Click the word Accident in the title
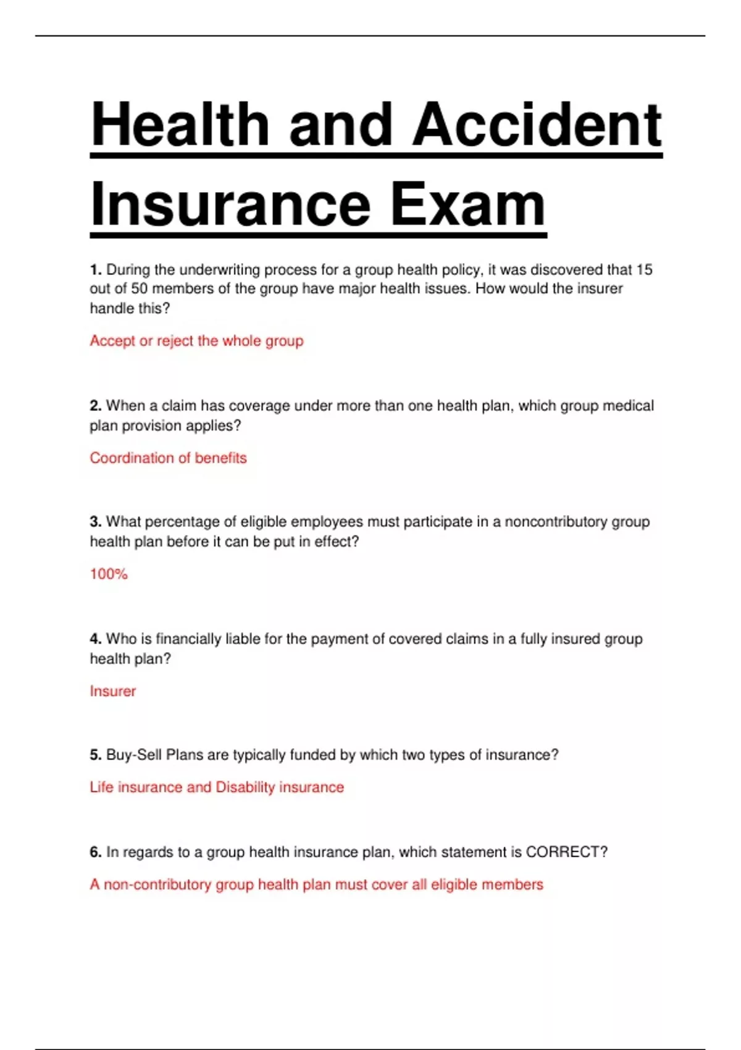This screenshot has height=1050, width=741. (537, 125)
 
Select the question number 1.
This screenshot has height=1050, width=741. (95, 270)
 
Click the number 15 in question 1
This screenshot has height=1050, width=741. (644, 270)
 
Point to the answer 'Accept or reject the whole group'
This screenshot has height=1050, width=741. (196, 341)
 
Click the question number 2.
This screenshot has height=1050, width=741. (95, 406)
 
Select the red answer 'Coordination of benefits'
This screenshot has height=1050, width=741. (168, 458)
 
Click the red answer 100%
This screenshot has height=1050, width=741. (109, 574)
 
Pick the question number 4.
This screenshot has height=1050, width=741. (95, 639)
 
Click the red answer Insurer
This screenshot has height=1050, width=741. (112, 691)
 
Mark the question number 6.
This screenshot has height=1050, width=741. (95, 852)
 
